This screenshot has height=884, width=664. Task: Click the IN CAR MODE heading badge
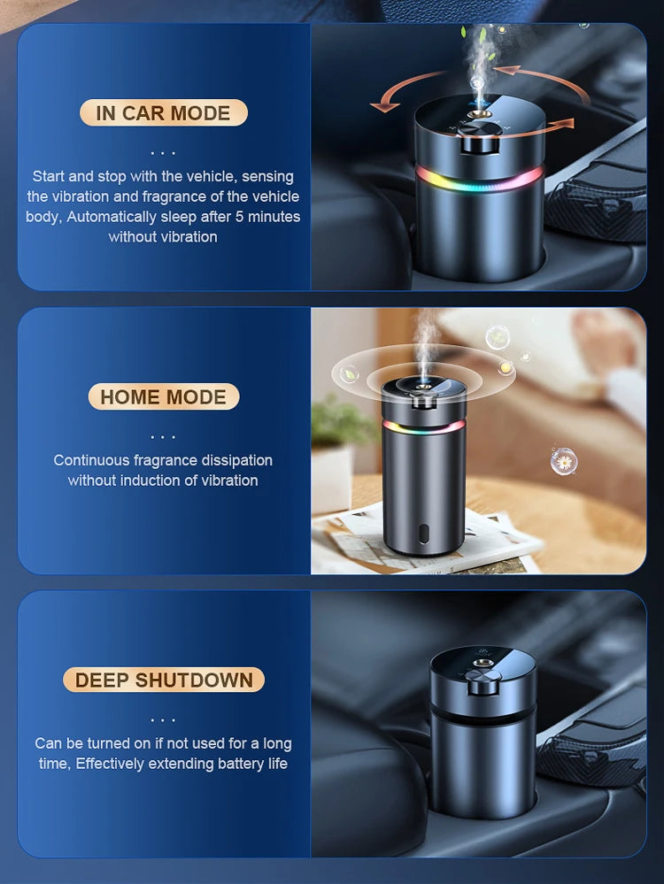163,113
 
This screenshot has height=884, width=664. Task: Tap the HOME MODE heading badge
163,397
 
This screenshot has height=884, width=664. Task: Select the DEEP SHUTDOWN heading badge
164,680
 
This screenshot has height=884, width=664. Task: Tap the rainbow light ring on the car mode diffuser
480,178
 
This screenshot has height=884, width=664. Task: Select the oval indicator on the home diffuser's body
424,535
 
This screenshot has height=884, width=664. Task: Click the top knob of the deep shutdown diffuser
483,681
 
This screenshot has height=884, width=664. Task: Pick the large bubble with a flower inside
563,460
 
